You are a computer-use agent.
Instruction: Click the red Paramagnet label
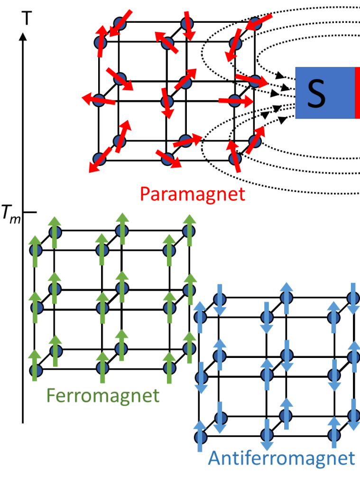(193, 193)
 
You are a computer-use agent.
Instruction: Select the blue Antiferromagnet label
(281, 458)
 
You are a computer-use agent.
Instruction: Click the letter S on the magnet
(316, 93)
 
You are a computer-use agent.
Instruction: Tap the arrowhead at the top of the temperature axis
(23, 36)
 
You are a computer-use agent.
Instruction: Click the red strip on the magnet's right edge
(357, 92)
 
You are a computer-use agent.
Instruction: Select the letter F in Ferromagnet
(51, 395)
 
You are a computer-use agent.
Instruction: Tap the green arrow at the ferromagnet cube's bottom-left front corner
(35, 366)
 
